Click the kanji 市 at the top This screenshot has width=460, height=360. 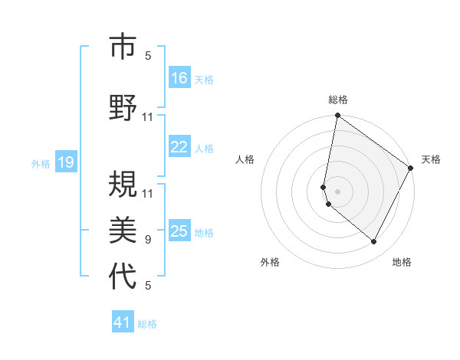123,47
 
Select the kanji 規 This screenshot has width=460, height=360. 123,182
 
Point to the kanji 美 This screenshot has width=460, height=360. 123,228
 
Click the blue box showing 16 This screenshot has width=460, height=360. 179,78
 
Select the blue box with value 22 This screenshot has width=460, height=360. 179,148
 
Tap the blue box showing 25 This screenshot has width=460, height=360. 179,231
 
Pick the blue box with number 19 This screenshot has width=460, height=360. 66,162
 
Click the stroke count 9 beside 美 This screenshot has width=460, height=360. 148,240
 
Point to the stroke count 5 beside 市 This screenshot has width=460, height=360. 148,55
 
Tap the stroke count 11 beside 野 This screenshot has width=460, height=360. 148,117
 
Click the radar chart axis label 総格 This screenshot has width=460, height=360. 338,100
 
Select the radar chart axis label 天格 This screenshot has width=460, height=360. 431,159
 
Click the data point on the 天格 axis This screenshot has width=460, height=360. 411,168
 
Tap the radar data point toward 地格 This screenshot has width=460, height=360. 373,242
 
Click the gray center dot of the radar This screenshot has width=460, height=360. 338,191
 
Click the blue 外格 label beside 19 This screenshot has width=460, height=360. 41,163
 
